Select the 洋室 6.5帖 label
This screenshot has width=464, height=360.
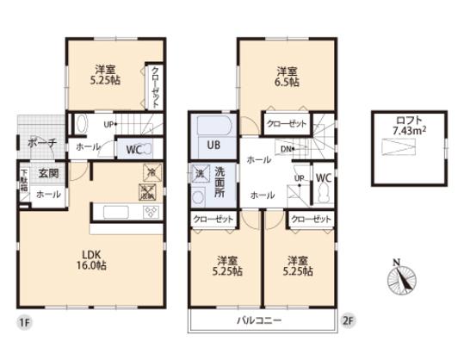pyautogui.click(x=287, y=76)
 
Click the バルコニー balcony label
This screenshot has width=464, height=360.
pyautogui.click(x=259, y=320)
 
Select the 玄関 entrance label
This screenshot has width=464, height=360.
pyautogui.click(x=48, y=173)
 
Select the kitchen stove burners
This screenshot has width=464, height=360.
pyautogui.click(x=149, y=212)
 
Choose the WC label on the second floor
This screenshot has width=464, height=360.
pyautogui.click(x=323, y=178)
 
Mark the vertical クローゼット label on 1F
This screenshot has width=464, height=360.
pyautogui.click(x=155, y=87)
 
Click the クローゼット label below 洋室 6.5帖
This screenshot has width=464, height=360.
pyautogui.click(x=286, y=124)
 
